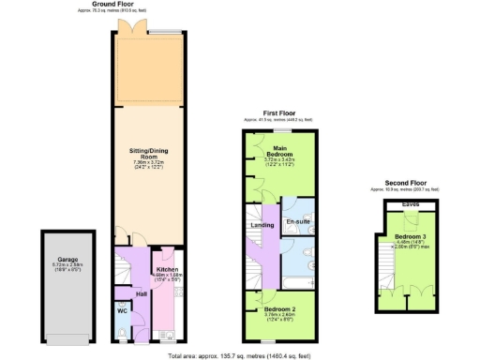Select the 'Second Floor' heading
[x=406, y=183]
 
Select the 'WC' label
[x=122, y=310]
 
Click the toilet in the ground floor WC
[x=122, y=329]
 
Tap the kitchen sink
[x=166, y=332]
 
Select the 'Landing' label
[x=262, y=225]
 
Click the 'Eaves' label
[x=410, y=203]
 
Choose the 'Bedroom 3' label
[x=410, y=236]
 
